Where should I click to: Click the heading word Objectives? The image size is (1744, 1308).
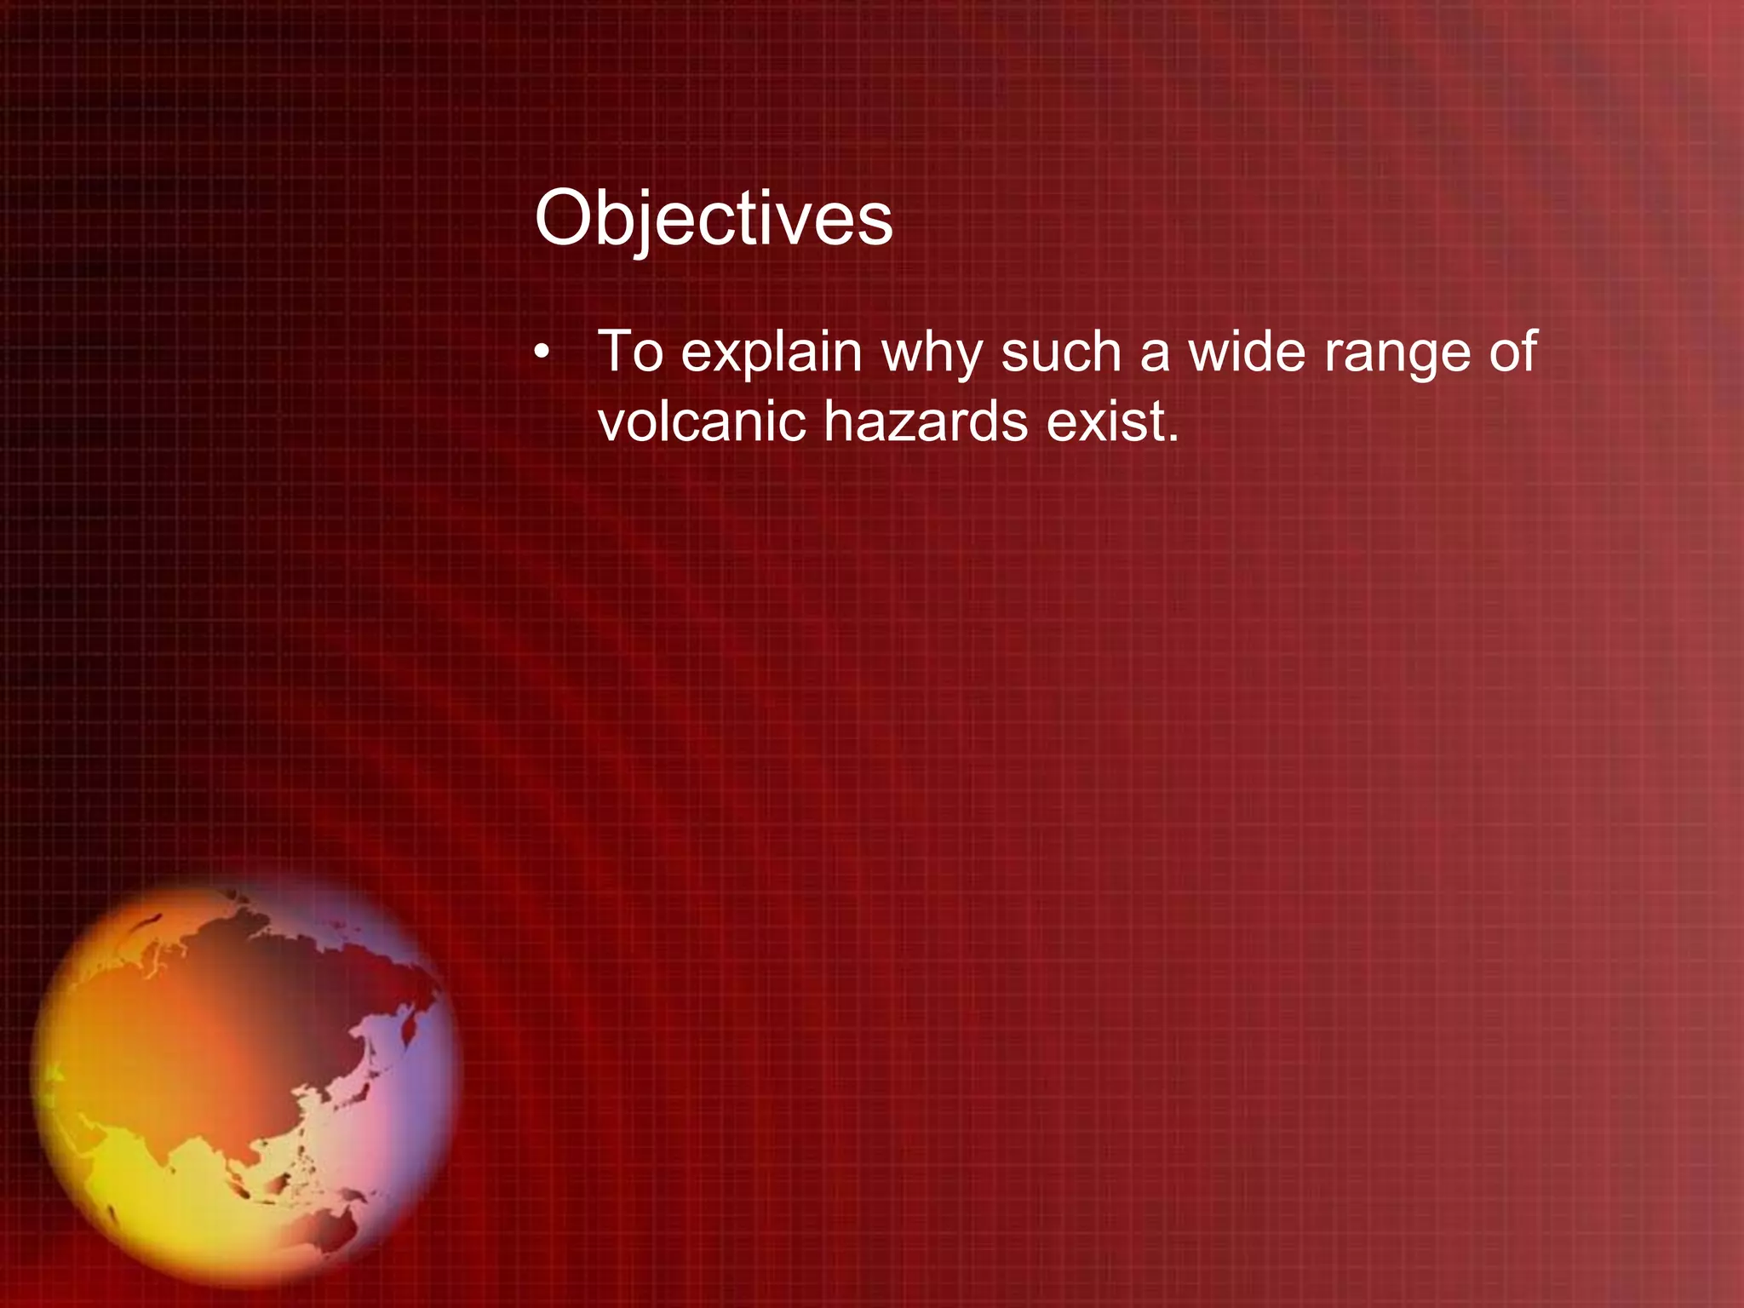click(x=713, y=219)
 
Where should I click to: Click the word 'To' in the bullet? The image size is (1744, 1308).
click(x=630, y=351)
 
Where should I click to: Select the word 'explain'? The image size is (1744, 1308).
click(x=772, y=353)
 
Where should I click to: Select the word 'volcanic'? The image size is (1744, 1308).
click(x=701, y=421)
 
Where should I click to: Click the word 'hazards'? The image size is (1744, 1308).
click(x=926, y=421)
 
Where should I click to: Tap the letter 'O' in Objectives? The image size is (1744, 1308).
click(x=562, y=219)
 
